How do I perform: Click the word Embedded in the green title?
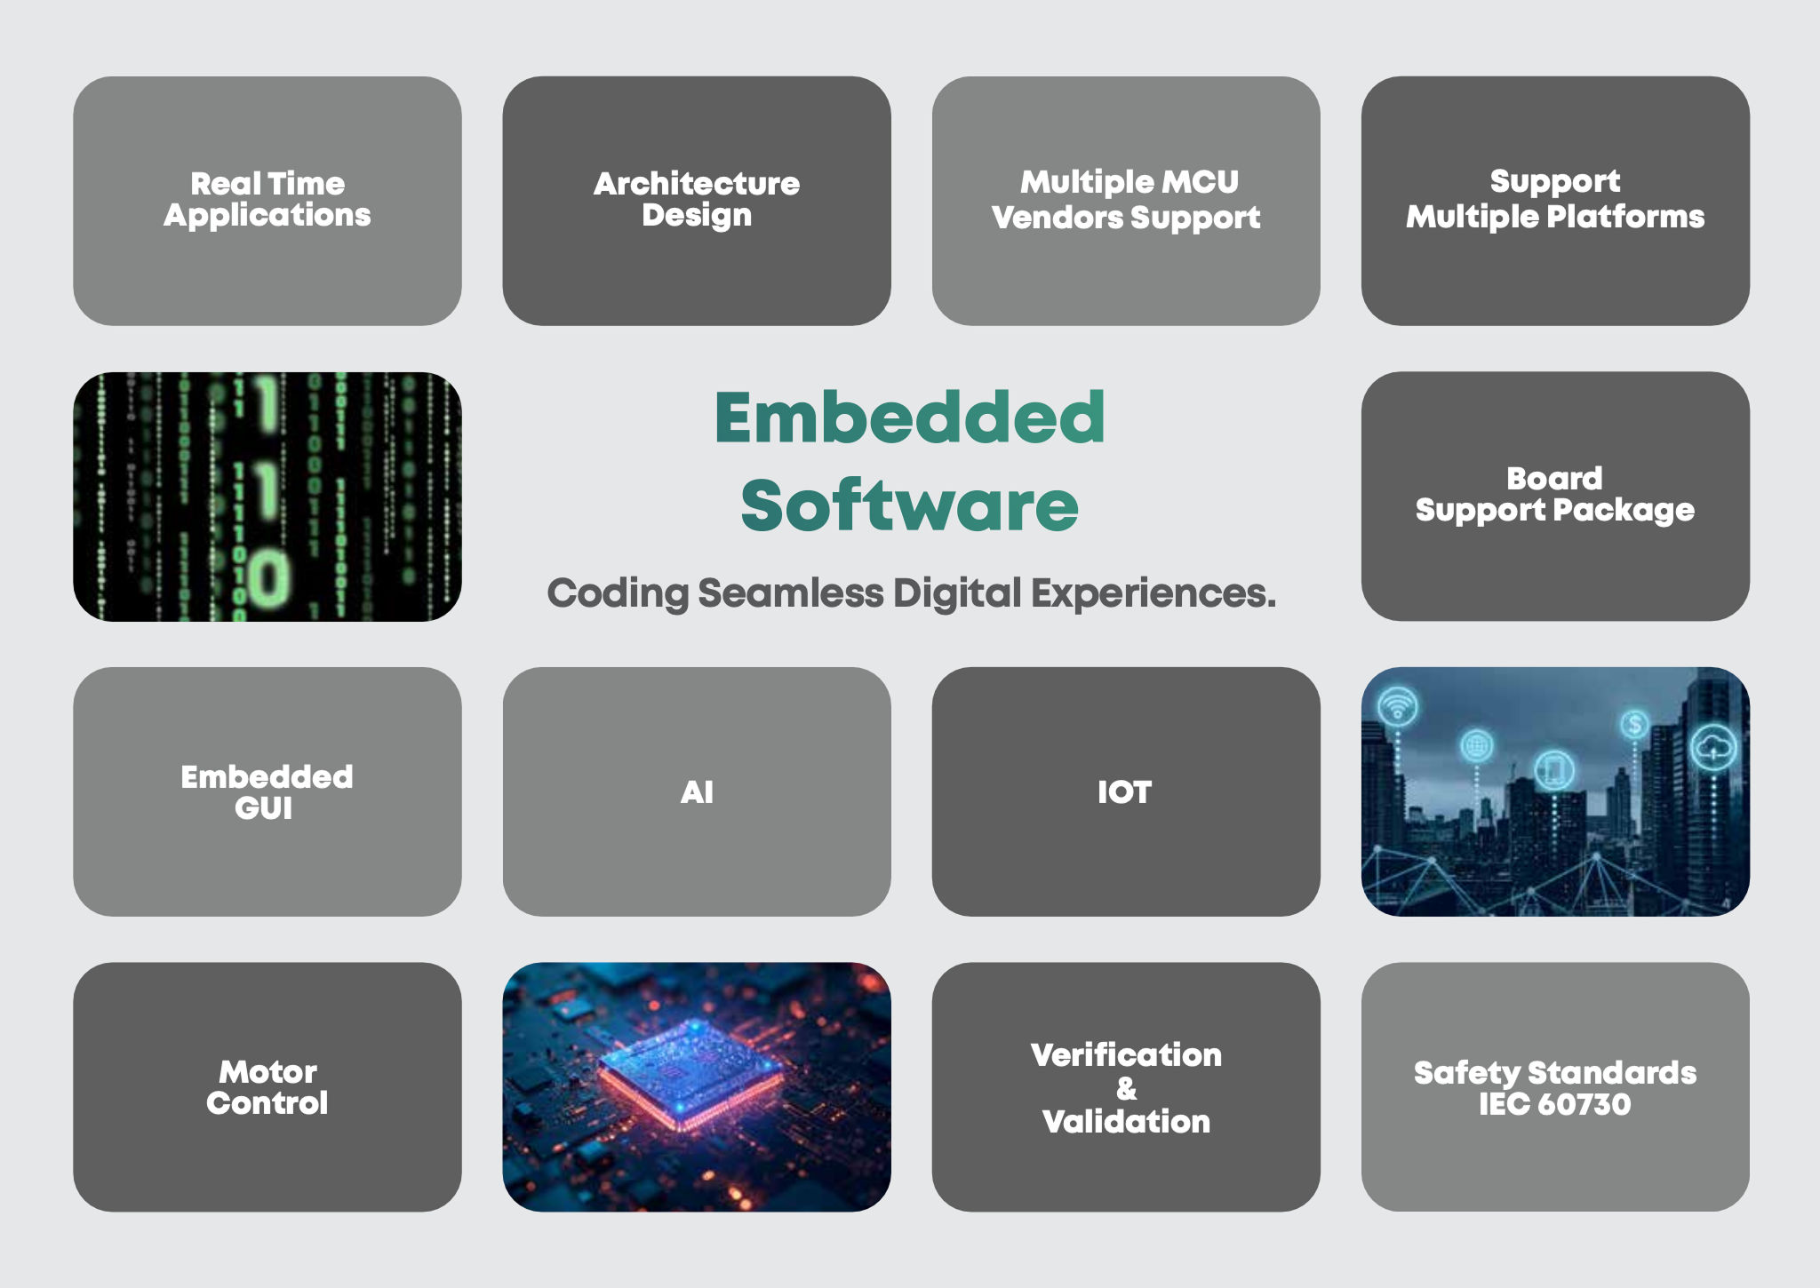click(909, 417)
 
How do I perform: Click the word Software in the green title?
click(909, 505)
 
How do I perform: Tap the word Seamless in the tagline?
click(790, 593)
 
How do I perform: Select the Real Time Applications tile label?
click(267, 199)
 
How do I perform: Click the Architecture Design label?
click(697, 199)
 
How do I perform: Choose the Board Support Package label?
click(1554, 494)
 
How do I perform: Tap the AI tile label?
click(697, 791)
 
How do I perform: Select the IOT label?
click(1124, 791)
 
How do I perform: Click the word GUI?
click(264, 808)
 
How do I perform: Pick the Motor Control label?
click(267, 1087)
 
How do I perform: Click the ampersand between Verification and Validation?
click(1126, 1088)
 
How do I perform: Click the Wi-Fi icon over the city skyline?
click(1398, 708)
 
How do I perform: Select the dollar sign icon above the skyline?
click(1634, 724)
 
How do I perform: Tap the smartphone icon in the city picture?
click(1553, 769)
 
